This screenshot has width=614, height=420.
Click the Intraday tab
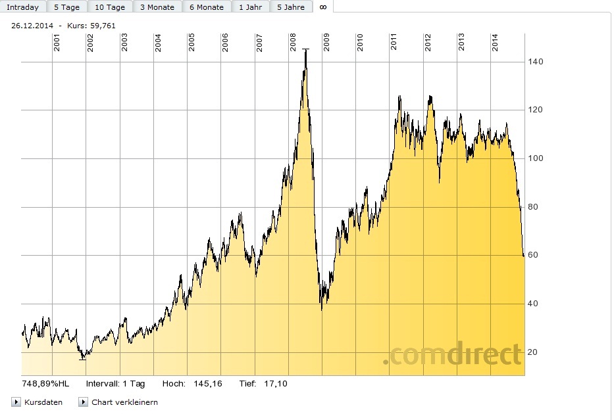[x=23, y=7]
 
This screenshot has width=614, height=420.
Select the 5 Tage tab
[x=66, y=7]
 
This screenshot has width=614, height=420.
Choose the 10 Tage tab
[x=109, y=7]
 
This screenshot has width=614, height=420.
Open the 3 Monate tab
[x=157, y=7]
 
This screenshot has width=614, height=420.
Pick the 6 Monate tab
[x=206, y=7]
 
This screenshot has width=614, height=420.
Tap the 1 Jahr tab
[x=249, y=7]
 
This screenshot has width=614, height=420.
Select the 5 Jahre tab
[x=290, y=7]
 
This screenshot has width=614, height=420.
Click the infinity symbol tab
[x=322, y=7]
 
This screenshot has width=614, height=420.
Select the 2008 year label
[x=293, y=43]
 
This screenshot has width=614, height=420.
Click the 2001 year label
[x=57, y=43]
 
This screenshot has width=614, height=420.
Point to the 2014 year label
[x=495, y=43]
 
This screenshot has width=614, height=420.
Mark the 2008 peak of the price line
[x=305, y=49]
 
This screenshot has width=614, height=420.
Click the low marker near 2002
[x=82, y=359]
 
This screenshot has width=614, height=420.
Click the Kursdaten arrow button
[x=16, y=402]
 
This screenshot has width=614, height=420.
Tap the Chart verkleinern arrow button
[x=83, y=402]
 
